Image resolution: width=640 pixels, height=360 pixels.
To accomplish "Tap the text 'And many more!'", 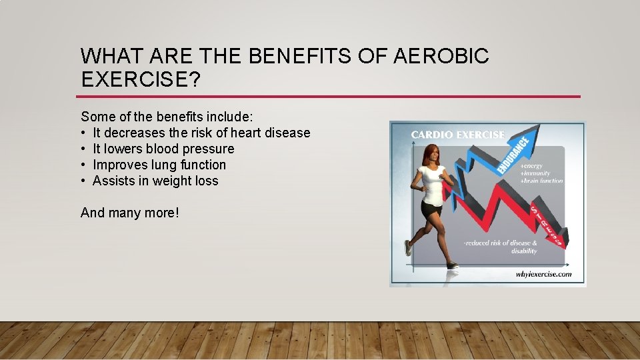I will click(x=129, y=213).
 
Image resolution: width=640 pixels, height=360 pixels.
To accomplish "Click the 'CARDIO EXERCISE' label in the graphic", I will click(x=457, y=135).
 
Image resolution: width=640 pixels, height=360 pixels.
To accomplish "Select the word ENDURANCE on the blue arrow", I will click(x=514, y=154).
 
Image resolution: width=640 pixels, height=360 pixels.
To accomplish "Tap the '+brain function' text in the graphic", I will click(x=541, y=181).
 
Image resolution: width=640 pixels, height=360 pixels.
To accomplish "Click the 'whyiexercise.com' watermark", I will click(x=543, y=274).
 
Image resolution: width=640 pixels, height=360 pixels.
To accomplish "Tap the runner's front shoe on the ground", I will click(x=452, y=265).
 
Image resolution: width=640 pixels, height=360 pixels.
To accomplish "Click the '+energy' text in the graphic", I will click(x=531, y=165).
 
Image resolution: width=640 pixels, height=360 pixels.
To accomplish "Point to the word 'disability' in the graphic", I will click(x=524, y=251).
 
